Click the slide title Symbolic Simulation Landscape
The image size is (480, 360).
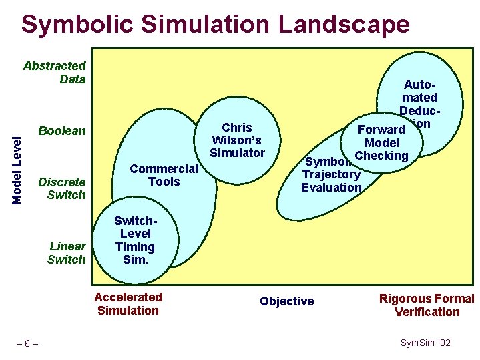coord(215,25)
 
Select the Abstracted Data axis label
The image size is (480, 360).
coord(55,72)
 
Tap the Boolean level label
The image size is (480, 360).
coord(62,131)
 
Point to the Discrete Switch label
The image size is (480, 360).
coord(63,188)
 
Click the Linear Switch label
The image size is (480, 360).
coord(67,252)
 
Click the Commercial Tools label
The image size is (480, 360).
coord(164,175)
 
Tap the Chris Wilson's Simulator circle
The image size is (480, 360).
coord(237,140)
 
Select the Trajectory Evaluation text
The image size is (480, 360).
coord(331,181)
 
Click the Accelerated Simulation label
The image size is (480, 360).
coord(128,303)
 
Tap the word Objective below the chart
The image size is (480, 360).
coord(286,301)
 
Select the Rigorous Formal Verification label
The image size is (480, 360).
coord(427,305)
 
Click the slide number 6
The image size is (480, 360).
coord(27,343)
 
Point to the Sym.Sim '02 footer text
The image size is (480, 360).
coord(425,343)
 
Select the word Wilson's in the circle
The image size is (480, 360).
coord(236,140)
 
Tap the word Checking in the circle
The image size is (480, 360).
coord(381,156)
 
